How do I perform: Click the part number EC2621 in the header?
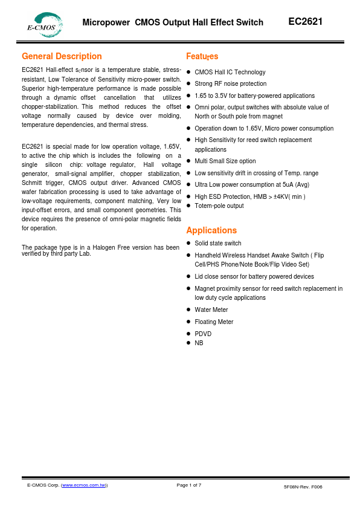tap(305, 22)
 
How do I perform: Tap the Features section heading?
tap(202, 56)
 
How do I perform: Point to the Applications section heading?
tap(211, 230)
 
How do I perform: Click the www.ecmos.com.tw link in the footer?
tap(84, 485)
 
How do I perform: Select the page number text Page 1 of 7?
tap(188, 485)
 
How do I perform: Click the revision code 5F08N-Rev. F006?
tap(303, 487)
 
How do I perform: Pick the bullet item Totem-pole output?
tap(219, 206)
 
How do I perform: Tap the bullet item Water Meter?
tap(211, 310)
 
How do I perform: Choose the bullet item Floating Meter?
tap(213, 322)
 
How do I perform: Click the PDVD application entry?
tap(203, 334)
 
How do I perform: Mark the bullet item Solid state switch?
tap(217, 243)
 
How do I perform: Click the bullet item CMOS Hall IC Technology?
tap(230, 72)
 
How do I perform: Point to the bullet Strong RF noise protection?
tap(230, 83)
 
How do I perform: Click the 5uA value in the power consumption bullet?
tap(288, 184)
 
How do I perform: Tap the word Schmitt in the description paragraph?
tap(32, 182)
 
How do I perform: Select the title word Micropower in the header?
tap(106, 23)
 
